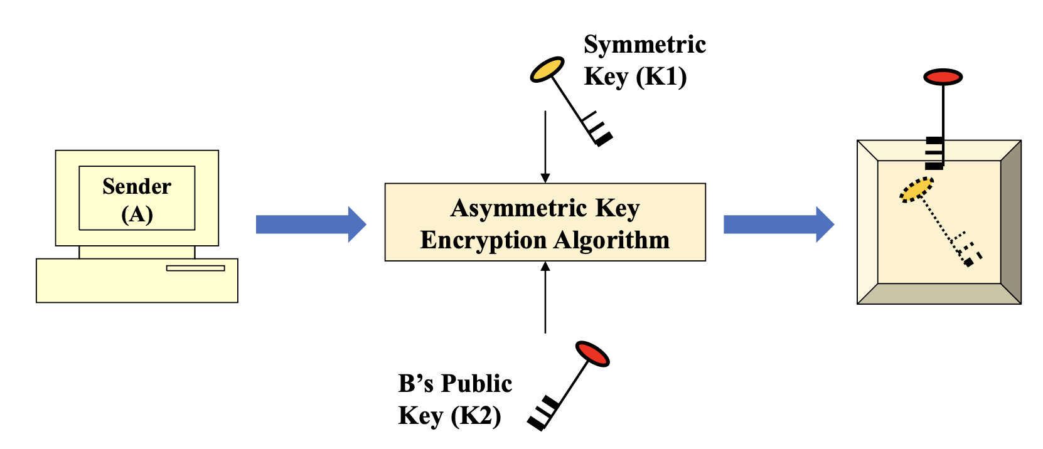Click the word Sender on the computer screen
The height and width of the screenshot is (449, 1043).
[x=136, y=186]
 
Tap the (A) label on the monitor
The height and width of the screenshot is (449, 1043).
[x=137, y=214]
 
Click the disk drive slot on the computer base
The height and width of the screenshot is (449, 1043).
[x=195, y=268]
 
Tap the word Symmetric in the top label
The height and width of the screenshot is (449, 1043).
[x=645, y=45]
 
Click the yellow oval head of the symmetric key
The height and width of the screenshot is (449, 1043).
[x=547, y=69]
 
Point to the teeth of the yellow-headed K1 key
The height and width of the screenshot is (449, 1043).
[x=597, y=130]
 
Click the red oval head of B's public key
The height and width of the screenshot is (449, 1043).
[x=592, y=354]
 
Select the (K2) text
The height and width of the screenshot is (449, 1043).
[x=475, y=416]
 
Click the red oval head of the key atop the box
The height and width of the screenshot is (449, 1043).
[x=943, y=77]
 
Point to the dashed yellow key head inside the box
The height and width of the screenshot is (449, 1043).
[x=916, y=189]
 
